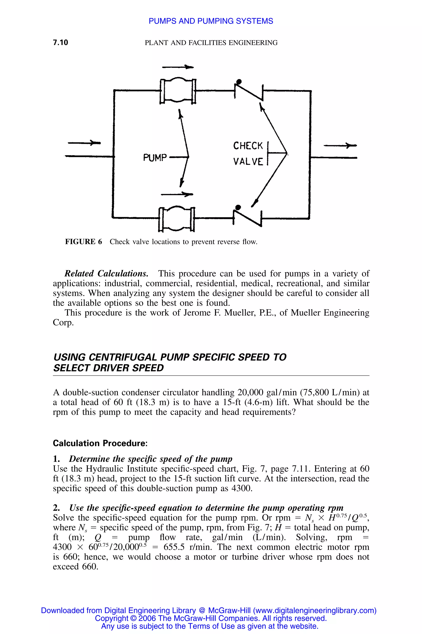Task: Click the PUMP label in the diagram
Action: pyautogui.click(x=155, y=157)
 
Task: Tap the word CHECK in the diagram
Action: pyautogui.click(x=248, y=146)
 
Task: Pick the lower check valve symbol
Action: pyautogui.click(x=247, y=217)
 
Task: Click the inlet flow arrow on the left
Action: pyautogui.click(x=84, y=143)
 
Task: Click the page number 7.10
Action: pyautogui.click(x=61, y=43)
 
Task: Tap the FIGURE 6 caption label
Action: pyautogui.click(x=83, y=242)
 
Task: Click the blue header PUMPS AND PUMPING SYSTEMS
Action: pyautogui.click(x=211, y=21)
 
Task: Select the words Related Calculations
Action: pyautogui.click(x=106, y=274)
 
